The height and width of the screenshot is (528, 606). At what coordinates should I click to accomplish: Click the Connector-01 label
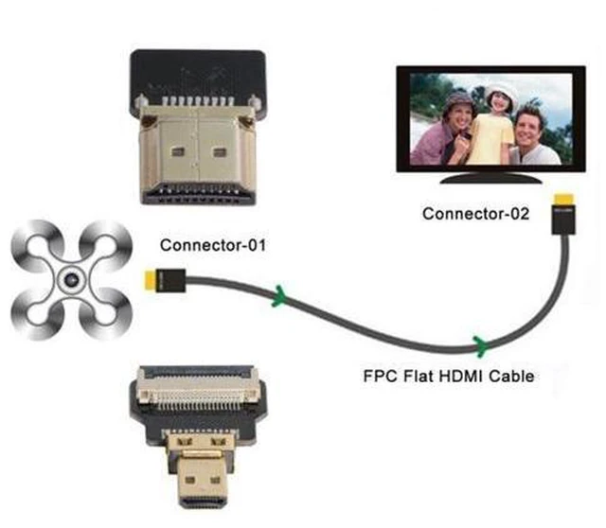point(213,245)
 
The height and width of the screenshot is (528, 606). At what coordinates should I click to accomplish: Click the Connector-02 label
point(475,214)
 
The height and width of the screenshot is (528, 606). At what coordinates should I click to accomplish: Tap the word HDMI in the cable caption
point(460,376)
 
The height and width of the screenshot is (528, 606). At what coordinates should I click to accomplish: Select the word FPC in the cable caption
point(381,376)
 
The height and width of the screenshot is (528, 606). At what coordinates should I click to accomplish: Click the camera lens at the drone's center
point(72,279)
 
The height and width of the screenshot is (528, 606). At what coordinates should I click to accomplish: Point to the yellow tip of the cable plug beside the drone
point(150,281)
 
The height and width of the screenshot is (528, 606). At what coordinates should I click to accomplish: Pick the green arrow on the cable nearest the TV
point(482,346)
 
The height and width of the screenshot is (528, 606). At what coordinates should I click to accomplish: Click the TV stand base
point(490,178)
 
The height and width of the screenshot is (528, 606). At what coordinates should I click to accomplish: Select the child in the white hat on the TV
point(495,124)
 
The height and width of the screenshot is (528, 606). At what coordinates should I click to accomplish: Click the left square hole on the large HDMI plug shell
point(177,151)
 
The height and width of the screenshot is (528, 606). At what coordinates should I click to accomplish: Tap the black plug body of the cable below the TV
point(563,220)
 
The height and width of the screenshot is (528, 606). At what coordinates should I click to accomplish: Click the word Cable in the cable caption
point(511,376)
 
